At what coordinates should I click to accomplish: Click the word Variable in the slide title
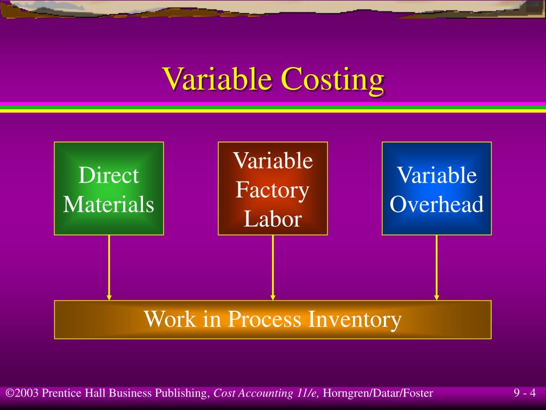219,80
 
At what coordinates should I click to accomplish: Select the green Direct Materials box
109,188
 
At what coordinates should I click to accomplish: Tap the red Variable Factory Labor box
272,188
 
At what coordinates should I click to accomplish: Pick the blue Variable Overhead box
437,188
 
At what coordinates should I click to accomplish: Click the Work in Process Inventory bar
272,319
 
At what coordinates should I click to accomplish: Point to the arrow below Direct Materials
109,267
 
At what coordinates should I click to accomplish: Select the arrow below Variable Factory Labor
272,267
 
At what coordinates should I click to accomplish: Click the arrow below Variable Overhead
437,267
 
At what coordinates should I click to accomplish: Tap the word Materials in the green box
109,204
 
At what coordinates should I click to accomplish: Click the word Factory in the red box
272,190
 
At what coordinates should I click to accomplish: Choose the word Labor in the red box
272,219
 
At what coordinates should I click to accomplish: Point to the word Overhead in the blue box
437,204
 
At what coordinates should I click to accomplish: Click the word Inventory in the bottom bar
354,319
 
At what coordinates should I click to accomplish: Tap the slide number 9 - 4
525,394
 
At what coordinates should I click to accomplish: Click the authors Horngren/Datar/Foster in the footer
378,394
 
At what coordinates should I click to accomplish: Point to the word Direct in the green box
109,175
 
